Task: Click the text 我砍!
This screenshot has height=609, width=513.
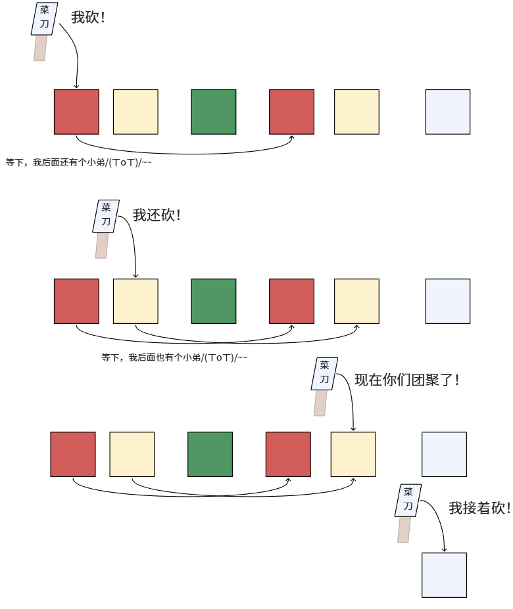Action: point(88,18)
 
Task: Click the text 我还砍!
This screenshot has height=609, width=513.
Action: point(157,215)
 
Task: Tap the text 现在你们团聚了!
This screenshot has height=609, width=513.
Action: point(406,379)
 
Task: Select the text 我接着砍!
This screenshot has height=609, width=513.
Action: point(479,508)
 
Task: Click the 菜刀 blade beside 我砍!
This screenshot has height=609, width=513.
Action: point(45,19)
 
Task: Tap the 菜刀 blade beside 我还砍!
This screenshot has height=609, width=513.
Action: point(106,216)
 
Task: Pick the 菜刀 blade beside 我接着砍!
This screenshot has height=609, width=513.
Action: point(408,501)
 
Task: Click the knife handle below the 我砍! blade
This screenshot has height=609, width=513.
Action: point(40,48)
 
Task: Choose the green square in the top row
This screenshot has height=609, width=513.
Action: point(214,112)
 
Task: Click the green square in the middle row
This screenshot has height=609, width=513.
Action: point(214,301)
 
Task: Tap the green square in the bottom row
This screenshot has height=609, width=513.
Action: point(210,454)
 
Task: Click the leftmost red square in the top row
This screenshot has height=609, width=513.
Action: point(76,112)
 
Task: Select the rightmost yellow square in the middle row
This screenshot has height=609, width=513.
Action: point(356,301)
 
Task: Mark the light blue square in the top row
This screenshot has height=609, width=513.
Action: point(447,112)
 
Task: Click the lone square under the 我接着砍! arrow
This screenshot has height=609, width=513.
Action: point(444,575)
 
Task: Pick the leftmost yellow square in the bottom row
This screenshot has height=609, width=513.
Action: point(132,454)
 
